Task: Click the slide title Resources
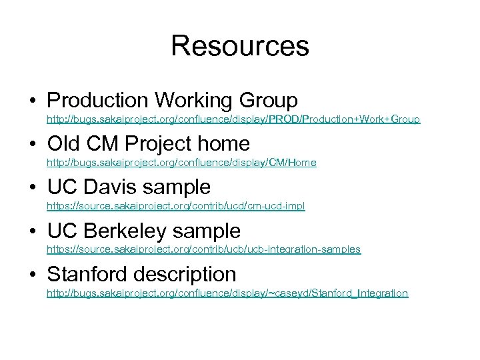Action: coord(240,46)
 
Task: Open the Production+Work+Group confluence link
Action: coord(233,120)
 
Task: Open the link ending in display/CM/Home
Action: coord(181,163)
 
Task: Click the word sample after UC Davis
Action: coord(179,187)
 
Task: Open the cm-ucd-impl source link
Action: coord(175,207)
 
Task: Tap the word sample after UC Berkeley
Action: coord(209,231)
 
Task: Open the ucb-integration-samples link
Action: coord(203,250)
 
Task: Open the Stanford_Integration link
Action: coord(227,294)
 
